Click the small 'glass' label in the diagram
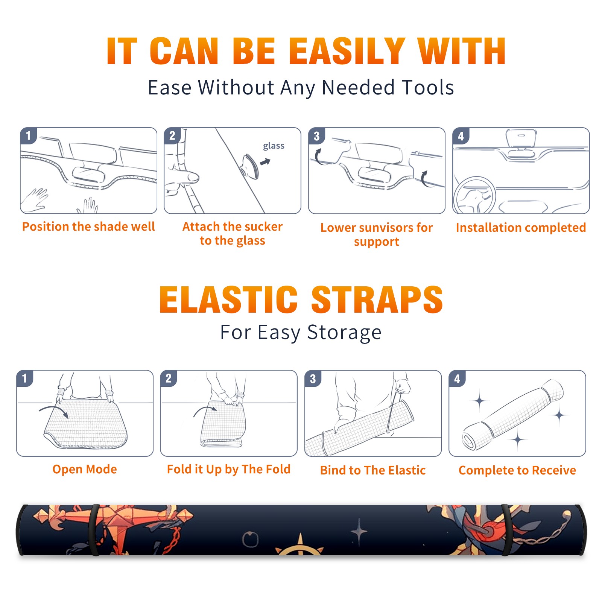coord(274,146)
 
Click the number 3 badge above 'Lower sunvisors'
coord(317,136)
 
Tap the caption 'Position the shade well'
coord(88,227)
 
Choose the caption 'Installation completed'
coord(521,227)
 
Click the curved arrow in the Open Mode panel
coord(53,411)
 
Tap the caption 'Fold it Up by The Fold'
coord(229,469)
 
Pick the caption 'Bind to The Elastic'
coord(373,470)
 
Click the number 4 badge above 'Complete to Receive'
coord(457,379)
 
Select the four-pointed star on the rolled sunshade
coord(359,532)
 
